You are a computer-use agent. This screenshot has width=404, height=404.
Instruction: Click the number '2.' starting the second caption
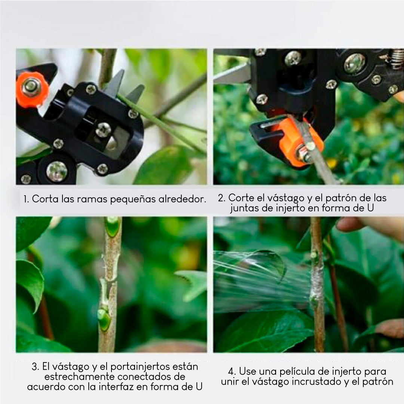(222, 198)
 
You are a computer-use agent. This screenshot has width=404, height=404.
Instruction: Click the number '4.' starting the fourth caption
(232, 371)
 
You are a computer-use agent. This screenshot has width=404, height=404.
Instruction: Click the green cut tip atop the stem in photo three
(112, 227)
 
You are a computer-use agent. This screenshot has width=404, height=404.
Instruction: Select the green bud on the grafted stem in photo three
(104, 318)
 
